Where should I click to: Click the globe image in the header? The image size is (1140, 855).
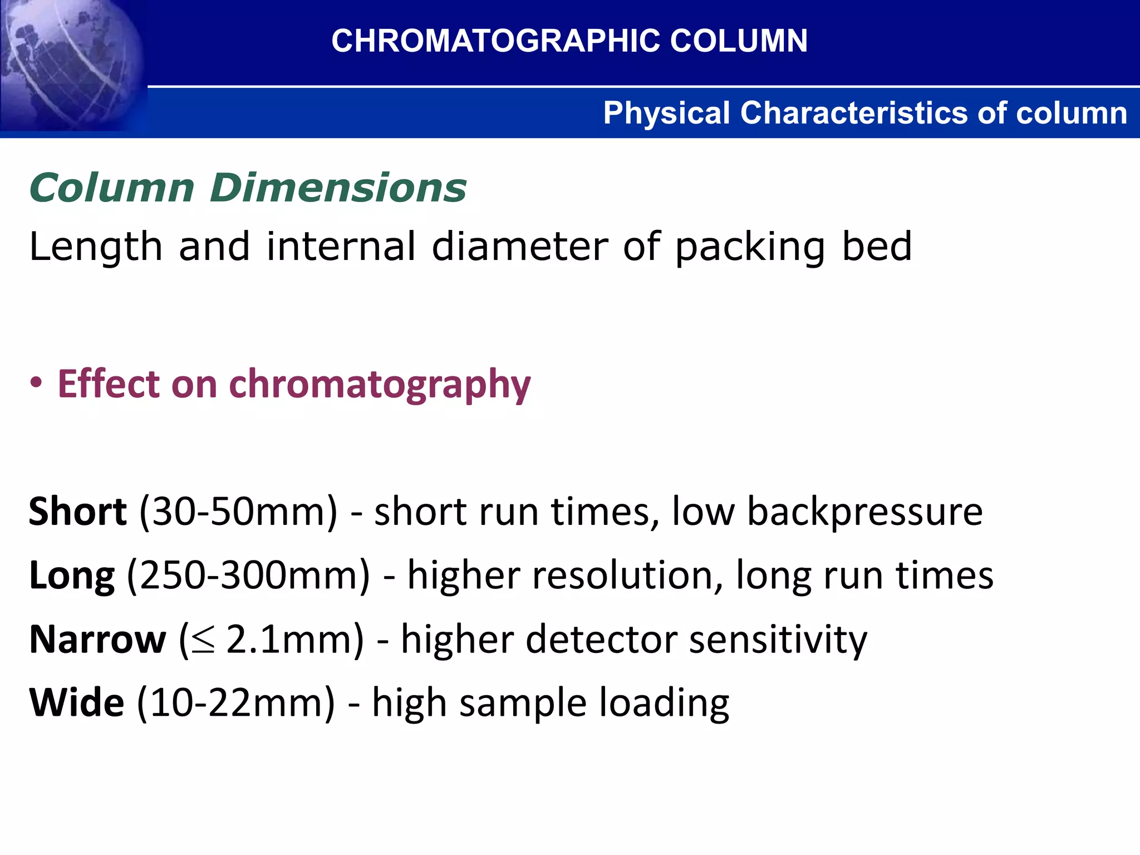point(70,64)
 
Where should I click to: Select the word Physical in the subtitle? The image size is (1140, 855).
point(666,113)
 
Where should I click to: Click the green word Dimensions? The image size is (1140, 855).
point(338,188)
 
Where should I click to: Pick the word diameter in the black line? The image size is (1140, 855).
point(520,246)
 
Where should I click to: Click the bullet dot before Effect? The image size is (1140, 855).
point(36,384)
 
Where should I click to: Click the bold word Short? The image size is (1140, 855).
point(77,511)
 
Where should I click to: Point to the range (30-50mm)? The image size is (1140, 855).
point(238,511)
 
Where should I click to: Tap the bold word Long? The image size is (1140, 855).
point(72,576)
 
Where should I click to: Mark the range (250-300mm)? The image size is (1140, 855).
point(248,575)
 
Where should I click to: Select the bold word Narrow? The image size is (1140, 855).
point(97,639)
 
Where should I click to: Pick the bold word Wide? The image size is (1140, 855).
point(76,702)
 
